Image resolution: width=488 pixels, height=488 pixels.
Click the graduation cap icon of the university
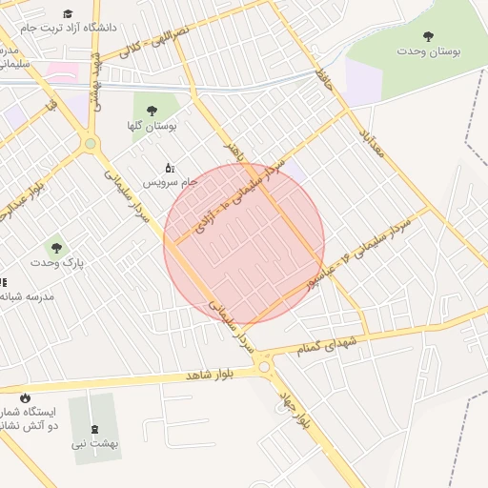pos(69,13)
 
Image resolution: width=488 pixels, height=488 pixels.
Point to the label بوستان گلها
pos(152,125)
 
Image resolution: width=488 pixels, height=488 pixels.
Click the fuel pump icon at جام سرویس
pos(170,168)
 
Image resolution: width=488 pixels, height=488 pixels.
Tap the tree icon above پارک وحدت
pos(56,246)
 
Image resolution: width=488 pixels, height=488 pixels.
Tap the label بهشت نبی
pos(95,443)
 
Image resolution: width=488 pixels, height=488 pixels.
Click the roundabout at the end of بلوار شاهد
pos(264,367)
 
